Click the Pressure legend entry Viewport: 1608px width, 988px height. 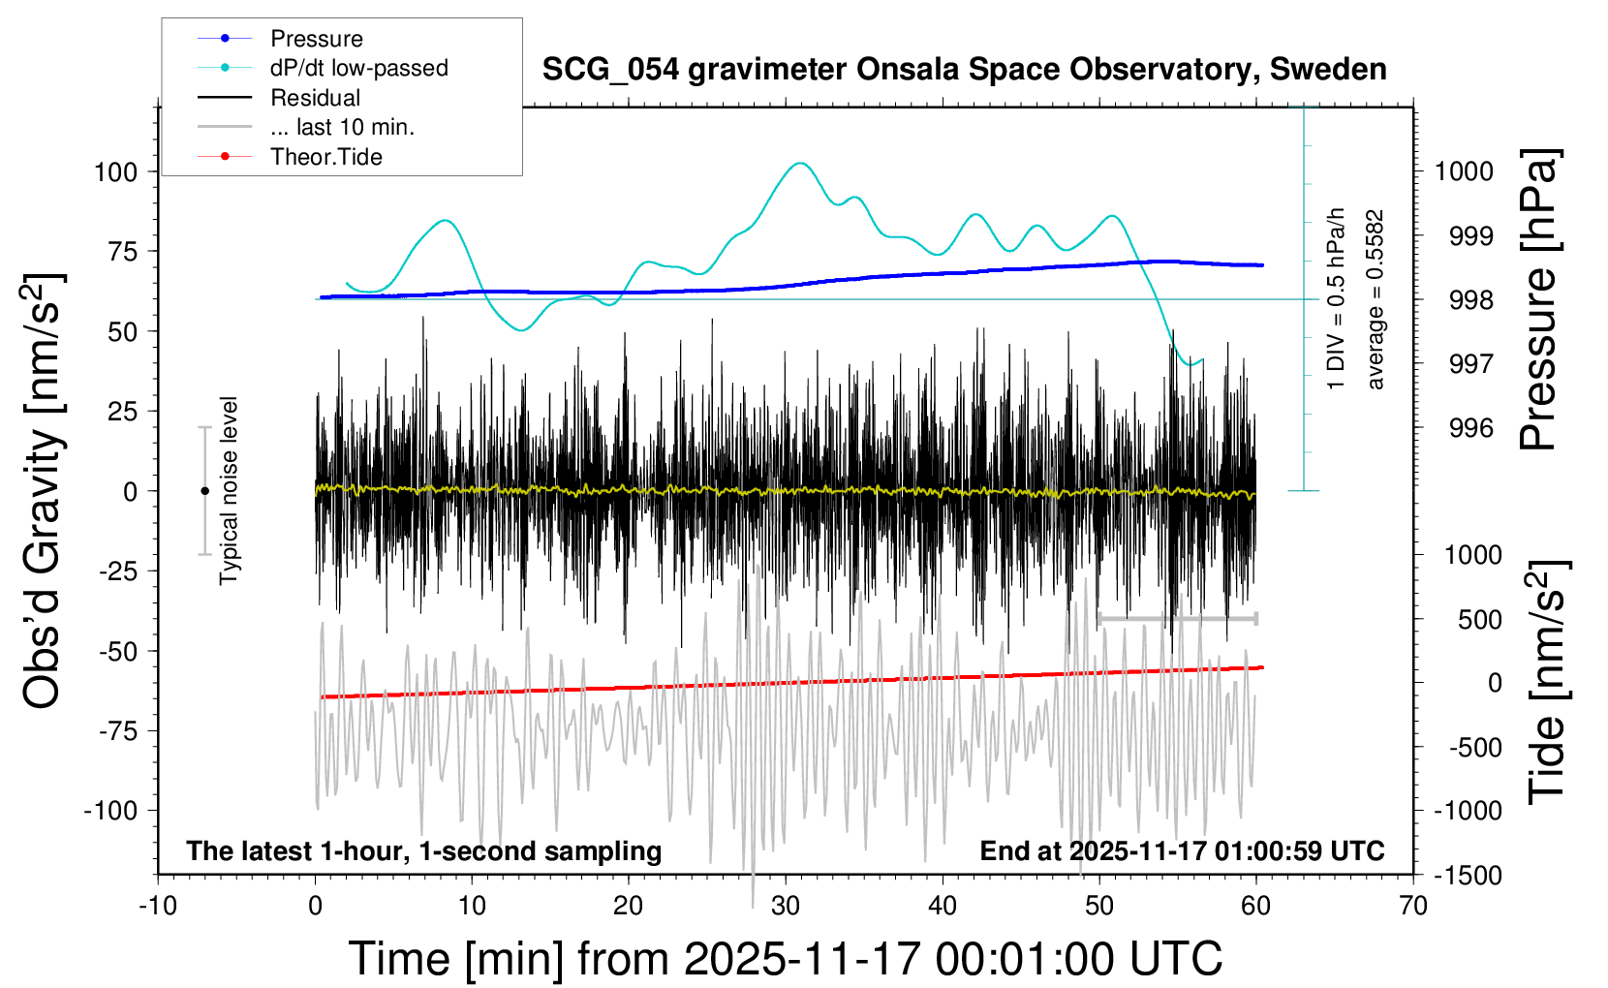point(316,39)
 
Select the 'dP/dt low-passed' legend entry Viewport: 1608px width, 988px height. point(358,68)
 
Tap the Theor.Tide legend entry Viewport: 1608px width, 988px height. point(325,157)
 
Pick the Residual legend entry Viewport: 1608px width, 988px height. point(315,98)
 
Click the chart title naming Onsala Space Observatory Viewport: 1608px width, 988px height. point(964,70)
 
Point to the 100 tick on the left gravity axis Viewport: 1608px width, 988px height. point(116,172)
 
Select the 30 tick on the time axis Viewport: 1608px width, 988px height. point(785,906)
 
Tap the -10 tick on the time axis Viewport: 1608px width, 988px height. point(158,906)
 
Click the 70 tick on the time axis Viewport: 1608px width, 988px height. point(1413,906)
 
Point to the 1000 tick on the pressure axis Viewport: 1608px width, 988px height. point(1464,171)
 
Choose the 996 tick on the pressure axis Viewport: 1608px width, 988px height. point(1471,428)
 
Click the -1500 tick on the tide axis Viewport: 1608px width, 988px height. point(1468,876)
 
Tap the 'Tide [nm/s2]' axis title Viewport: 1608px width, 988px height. point(1548,682)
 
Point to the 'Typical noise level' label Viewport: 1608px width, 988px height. point(229,491)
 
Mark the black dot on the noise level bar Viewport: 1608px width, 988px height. point(204,491)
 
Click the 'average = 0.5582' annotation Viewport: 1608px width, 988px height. point(1375,299)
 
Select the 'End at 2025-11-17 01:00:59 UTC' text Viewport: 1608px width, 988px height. point(1182,851)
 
